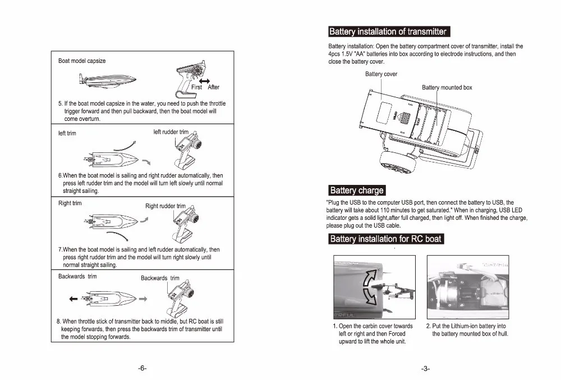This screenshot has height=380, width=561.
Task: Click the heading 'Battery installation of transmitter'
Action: [388, 31]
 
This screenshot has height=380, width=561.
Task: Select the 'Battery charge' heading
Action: [356, 191]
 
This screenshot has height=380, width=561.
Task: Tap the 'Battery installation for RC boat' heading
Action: [385, 239]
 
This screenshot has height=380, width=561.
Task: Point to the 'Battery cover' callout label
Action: [381, 74]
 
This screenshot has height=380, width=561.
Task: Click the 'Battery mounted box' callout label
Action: [447, 88]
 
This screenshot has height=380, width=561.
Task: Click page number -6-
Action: [142, 368]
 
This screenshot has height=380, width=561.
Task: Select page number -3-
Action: [425, 368]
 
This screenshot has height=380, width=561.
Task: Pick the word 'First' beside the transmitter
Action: [197, 88]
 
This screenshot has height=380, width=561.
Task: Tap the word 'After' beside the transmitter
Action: [214, 88]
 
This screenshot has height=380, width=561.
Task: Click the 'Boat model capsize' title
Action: [82, 61]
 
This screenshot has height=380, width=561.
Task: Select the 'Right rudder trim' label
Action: [165, 206]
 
